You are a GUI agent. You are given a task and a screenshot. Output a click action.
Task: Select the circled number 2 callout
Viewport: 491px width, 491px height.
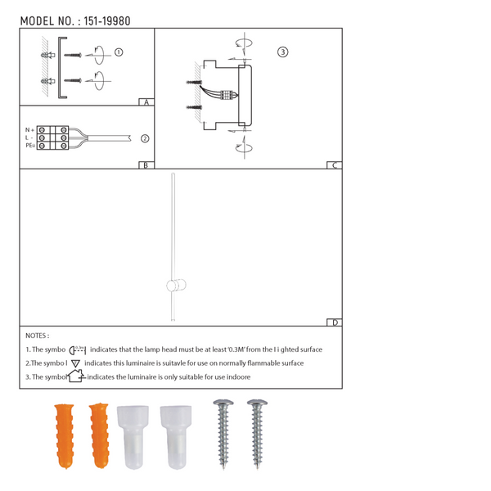144,138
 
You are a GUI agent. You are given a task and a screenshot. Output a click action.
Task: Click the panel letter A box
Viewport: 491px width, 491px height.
146,103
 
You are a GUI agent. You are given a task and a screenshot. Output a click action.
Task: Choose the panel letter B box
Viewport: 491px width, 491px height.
146,165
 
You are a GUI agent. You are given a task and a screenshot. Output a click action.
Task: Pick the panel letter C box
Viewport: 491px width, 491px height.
334,165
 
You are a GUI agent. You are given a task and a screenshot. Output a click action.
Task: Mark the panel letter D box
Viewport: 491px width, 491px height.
334,322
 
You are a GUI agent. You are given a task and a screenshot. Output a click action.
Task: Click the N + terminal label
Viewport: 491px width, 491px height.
29,130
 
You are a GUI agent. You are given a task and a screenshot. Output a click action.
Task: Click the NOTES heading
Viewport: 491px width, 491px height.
38,336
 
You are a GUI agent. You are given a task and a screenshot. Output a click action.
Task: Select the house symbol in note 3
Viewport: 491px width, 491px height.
75,376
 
